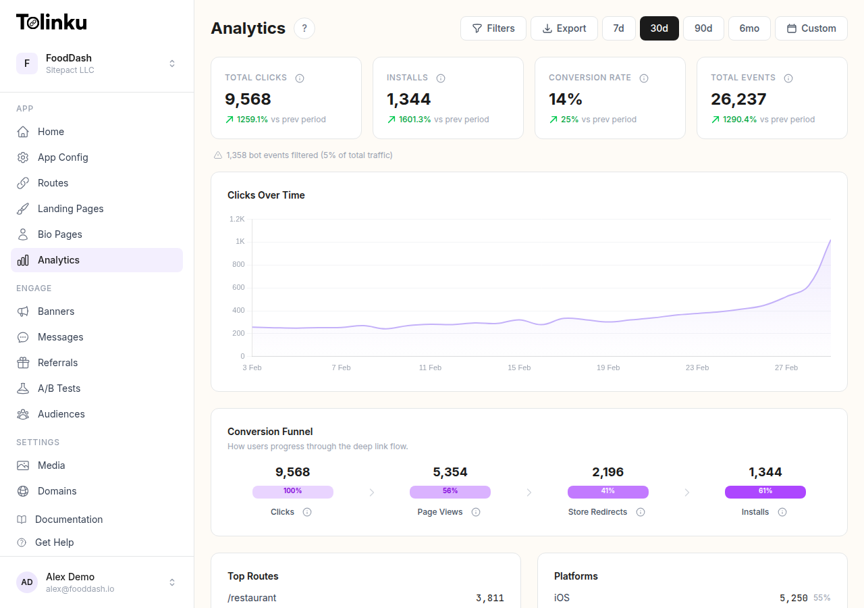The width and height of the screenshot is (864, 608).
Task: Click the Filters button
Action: pyautogui.click(x=493, y=28)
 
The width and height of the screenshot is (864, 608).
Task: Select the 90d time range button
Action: pyautogui.click(x=703, y=28)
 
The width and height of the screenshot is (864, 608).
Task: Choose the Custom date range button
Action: pyautogui.click(x=811, y=28)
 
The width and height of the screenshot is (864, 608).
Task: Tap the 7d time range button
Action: pyautogui.click(x=618, y=28)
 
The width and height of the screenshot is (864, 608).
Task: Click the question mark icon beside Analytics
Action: pyautogui.click(x=304, y=28)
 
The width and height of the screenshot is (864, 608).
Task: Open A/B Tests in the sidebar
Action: pyautogui.click(x=59, y=388)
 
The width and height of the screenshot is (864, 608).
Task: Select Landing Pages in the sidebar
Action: pyautogui.click(x=70, y=209)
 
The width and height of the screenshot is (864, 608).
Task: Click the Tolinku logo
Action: pyautogui.click(x=51, y=22)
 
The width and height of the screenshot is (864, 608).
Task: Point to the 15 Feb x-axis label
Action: pyautogui.click(x=519, y=368)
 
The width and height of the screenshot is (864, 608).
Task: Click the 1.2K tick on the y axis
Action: pyautogui.click(x=237, y=219)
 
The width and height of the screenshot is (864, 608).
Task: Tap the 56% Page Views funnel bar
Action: pyautogui.click(x=450, y=492)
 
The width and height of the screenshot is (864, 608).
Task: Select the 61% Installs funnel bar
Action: pyautogui.click(x=765, y=492)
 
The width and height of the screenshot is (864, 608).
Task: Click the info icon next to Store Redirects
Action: pyautogui.click(x=641, y=512)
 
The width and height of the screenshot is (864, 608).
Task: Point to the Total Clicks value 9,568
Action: pyautogui.click(x=248, y=99)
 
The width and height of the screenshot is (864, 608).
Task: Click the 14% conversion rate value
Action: pyautogui.click(x=565, y=99)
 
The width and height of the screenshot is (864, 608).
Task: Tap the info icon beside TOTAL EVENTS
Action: pyautogui.click(x=788, y=78)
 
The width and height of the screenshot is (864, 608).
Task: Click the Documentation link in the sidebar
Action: pyautogui.click(x=69, y=520)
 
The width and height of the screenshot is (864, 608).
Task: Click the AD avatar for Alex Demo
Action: pyautogui.click(x=27, y=582)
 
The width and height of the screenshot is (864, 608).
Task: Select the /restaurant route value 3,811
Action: pyautogui.click(x=489, y=598)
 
